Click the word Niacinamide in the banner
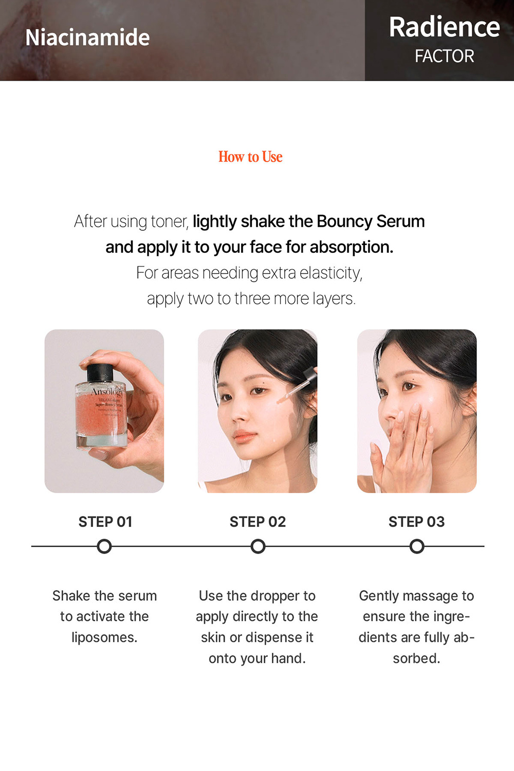(87, 38)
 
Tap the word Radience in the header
(444, 27)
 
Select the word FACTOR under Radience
(444, 56)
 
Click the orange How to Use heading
(250, 157)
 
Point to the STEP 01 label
(105, 522)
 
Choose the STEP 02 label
(258, 522)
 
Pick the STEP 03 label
(416, 522)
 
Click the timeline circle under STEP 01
(104, 546)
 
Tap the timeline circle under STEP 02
(258, 546)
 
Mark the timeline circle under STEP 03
(417, 546)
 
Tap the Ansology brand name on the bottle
(107, 392)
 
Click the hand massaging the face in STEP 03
(406, 442)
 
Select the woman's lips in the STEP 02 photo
(244, 437)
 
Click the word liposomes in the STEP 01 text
(104, 637)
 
